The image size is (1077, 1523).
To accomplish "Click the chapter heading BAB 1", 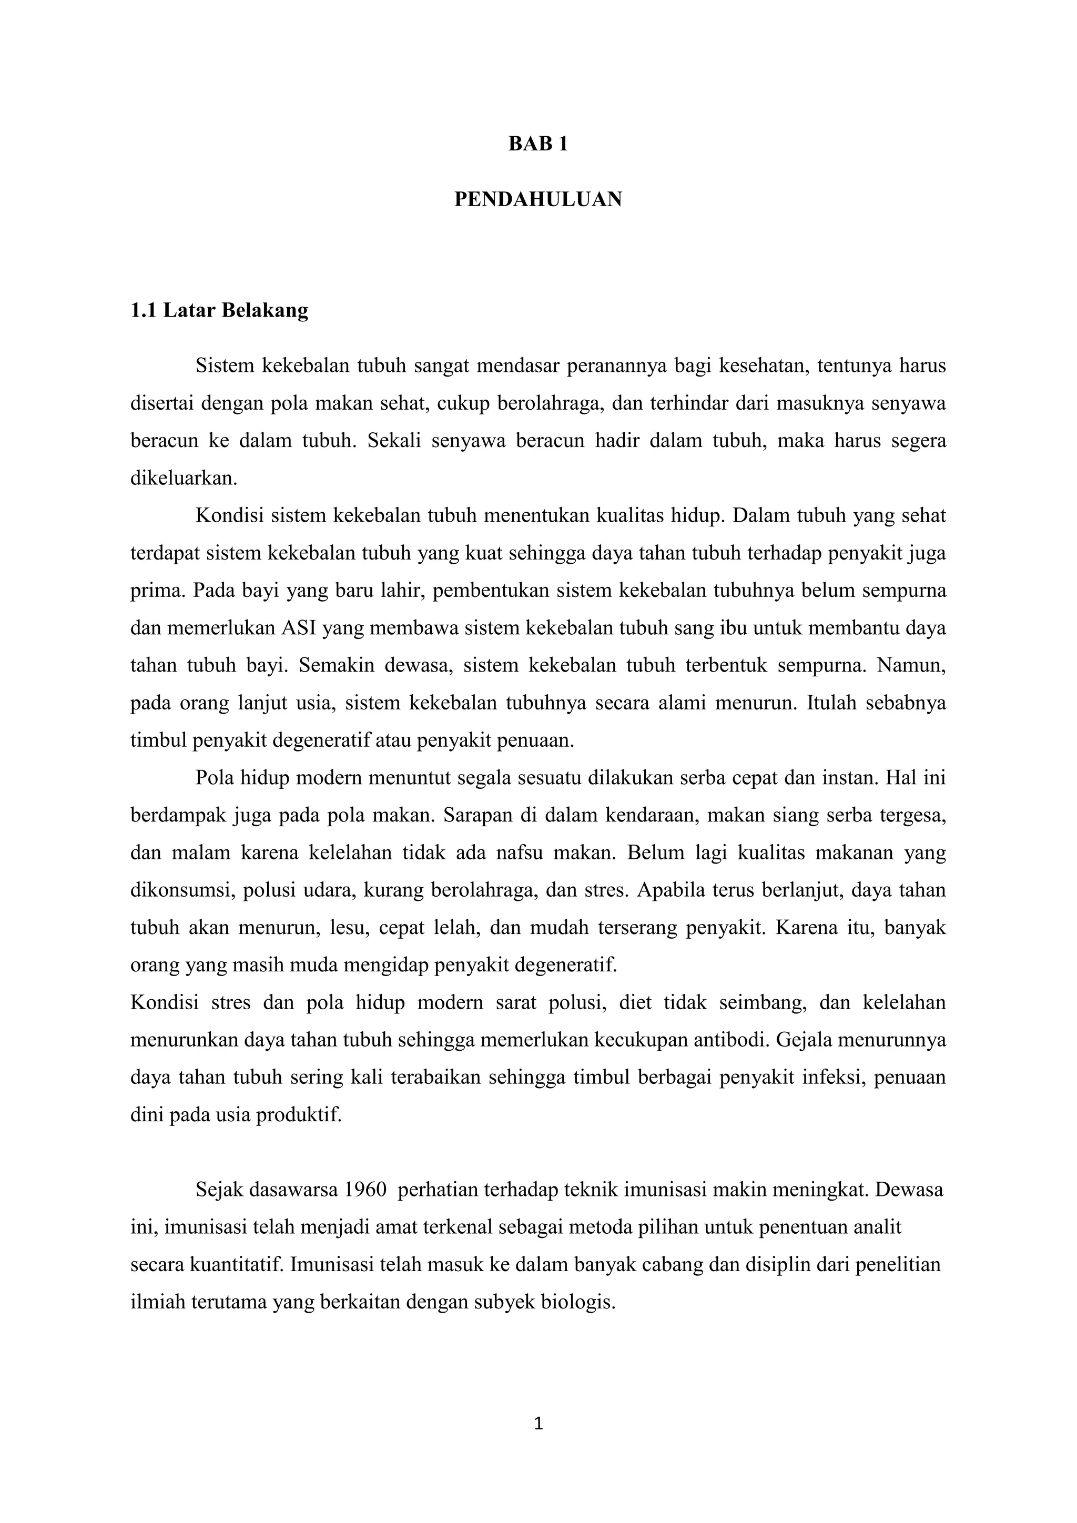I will point(538,145).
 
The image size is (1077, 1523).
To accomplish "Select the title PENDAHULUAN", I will point(538,199).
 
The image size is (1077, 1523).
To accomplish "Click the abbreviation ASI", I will point(299,628).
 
